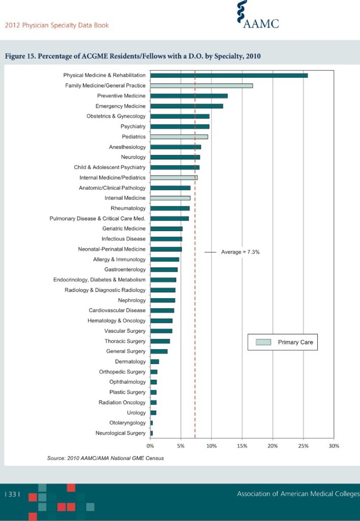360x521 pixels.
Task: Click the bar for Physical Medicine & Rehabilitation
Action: pyautogui.click(x=229, y=75)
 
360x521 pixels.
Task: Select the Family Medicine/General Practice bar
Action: pyautogui.click(x=201, y=85)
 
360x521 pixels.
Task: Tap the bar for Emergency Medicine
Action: pyautogui.click(x=187, y=106)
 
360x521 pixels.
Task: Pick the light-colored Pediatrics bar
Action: pyautogui.click(x=179, y=136)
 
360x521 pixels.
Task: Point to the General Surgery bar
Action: pyautogui.click(x=159, y=351)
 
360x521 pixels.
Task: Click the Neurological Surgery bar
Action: pyautogui.click(x=152, y=433)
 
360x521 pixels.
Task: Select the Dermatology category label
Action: pyautogui.click(x=130, y=362)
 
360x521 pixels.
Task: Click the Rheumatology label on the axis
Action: pyautogui.click(x=128, y=208)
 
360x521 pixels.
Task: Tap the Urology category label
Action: pyautogui.click(x=136, y=413)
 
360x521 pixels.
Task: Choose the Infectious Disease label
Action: pyautogui.click(x=124, y=239)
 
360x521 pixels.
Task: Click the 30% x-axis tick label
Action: pyautogui.click(x=334, y=446)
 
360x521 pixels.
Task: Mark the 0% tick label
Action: pyautogui.click(x=151, y=446)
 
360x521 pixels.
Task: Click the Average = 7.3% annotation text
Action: pyautogui.click(x=241, y=252)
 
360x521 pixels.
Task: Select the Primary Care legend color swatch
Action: pyautogui.click(x=263, y=342)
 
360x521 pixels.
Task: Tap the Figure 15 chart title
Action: pyautogui.click(x=133, y=56)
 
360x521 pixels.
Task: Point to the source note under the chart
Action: pyautogui.click(x=105, y=458)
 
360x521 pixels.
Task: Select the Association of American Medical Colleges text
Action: pyautogui.click(x=298, y=494)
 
